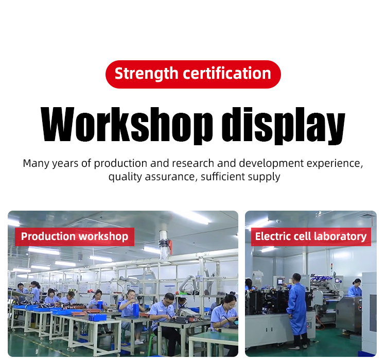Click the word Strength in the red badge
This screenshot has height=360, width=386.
click(146, 74)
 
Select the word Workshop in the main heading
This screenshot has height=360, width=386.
click(127, 125)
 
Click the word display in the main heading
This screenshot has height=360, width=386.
click(283, 126)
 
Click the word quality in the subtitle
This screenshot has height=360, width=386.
click(125, 177)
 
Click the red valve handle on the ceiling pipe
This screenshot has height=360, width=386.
click(170, 247)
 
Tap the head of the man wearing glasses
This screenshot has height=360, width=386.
click(169, 299)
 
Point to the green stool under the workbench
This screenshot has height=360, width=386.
click(153, 339)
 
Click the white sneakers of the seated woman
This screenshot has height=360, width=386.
click(139, 342)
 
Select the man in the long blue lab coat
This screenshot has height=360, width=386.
click(297, 311)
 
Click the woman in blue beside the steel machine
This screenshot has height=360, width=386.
click(355, 288)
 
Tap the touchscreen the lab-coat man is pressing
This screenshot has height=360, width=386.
click(280, 281)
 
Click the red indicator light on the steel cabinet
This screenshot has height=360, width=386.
click(360, 308)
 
